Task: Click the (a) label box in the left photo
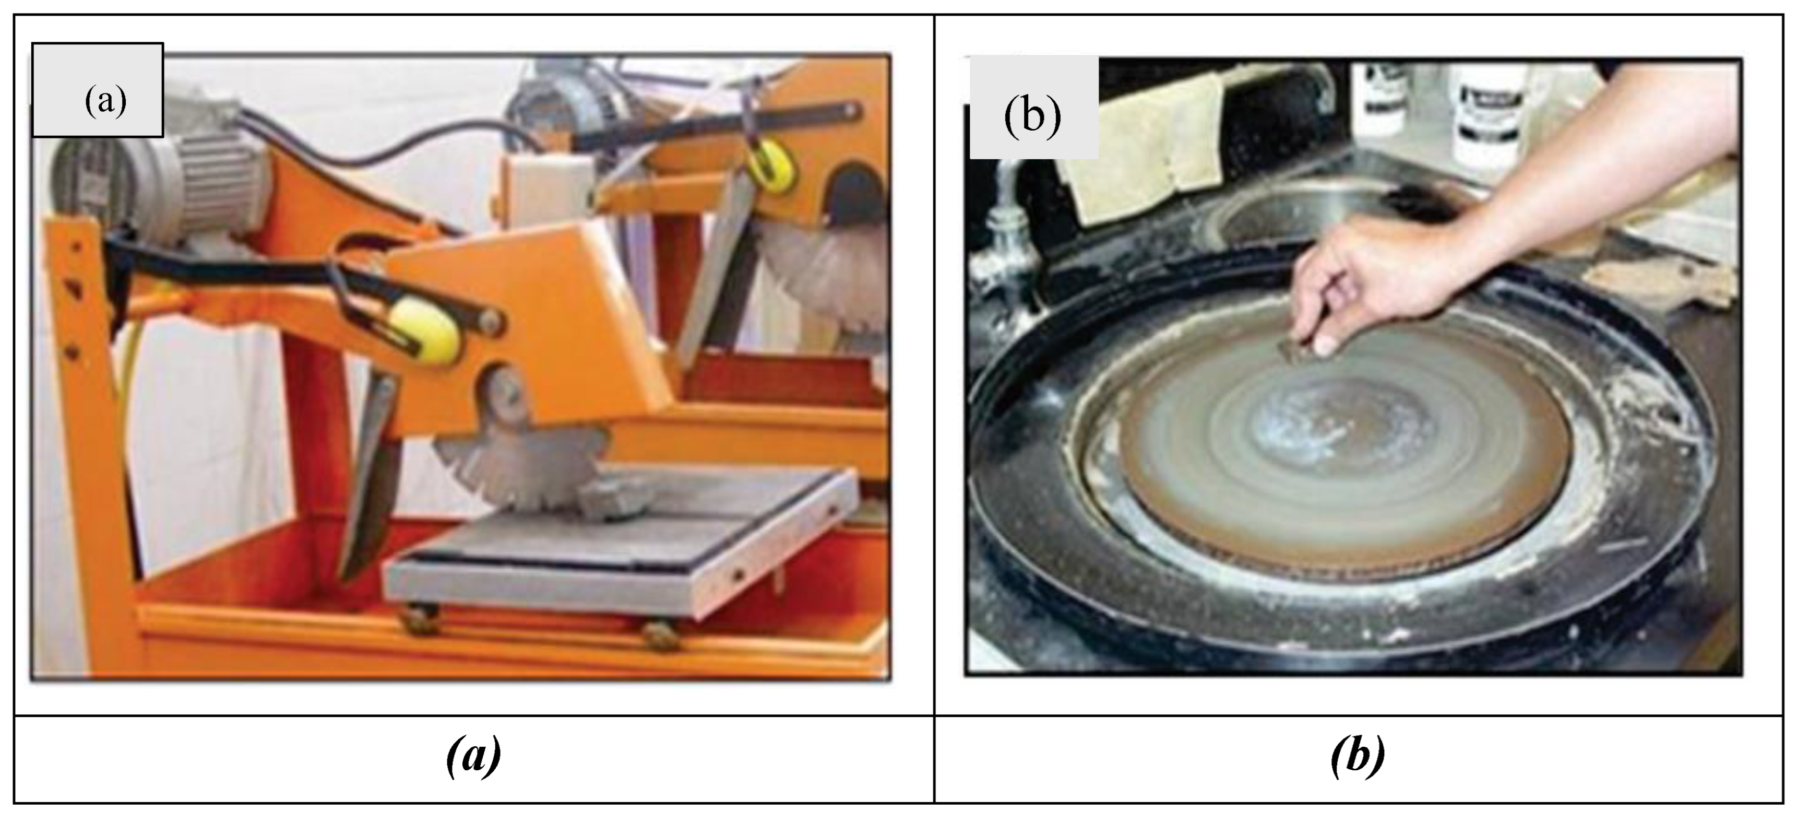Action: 98,90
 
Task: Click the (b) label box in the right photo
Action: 1034,108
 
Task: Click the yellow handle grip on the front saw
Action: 424,334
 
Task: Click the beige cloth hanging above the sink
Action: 1144,150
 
